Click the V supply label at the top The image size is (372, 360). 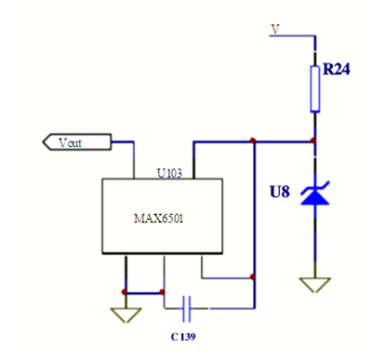[x=274, y=29]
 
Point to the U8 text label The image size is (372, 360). [x=280, y=193]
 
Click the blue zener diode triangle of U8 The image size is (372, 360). [x=313, y=197]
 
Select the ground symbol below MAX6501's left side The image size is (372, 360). [x=124, y=314]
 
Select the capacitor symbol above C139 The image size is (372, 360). [x=188, y=305]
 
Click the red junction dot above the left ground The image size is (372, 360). [x=124, y=291]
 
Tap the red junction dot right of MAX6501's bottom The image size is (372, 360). [x=253, y=276]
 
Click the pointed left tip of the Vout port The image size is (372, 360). [x=45, y=142]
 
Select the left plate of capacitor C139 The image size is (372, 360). [x=184, y=305]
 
